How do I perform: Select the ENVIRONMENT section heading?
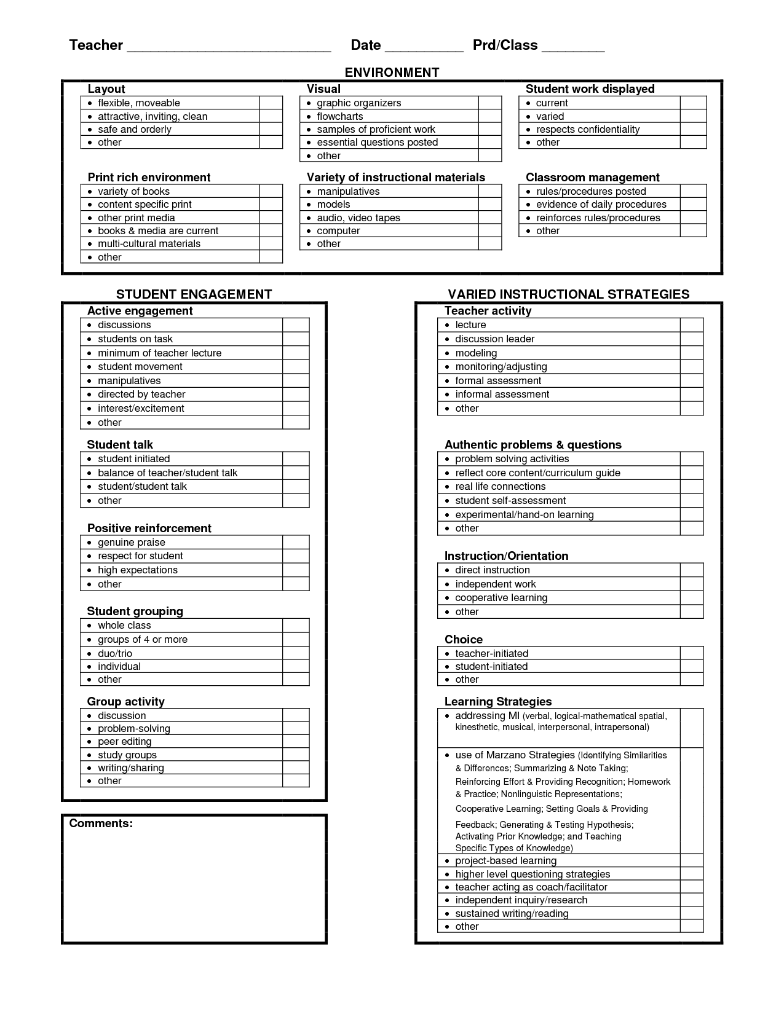click(x=392, y=73)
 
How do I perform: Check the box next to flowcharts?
click(x=490, y=116)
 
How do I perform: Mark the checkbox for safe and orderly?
click(x=271, y=129)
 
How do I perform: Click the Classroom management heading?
click(x=592, y=177)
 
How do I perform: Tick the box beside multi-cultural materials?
click(x=271, y=243)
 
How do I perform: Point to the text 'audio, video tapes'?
click(x=358, y=218)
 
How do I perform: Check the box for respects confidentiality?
click(x=693, y=129)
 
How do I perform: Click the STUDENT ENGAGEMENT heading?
click(x=194, y=294)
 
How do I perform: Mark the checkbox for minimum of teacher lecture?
click(x=296, y=353)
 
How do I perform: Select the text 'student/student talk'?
click(x=142, y=486)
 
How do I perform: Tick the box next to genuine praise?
click(x=296, y=542)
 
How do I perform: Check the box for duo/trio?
click(x=296, y=653)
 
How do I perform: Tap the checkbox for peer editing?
click(x=296, y=741)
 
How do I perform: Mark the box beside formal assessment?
click(x=691, y=380)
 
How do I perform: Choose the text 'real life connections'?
click(x=500, y=486)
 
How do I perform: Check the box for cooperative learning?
click(x=691, y=597)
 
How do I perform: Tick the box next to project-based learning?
click(x=691, y=860)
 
